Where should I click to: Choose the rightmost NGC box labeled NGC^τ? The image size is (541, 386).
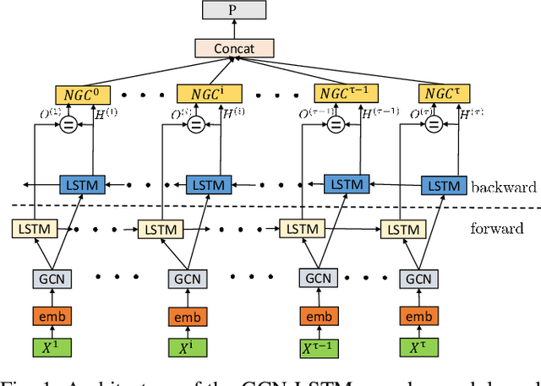443,94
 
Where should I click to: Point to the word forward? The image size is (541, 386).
497,228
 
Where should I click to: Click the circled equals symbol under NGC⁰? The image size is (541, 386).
67,124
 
